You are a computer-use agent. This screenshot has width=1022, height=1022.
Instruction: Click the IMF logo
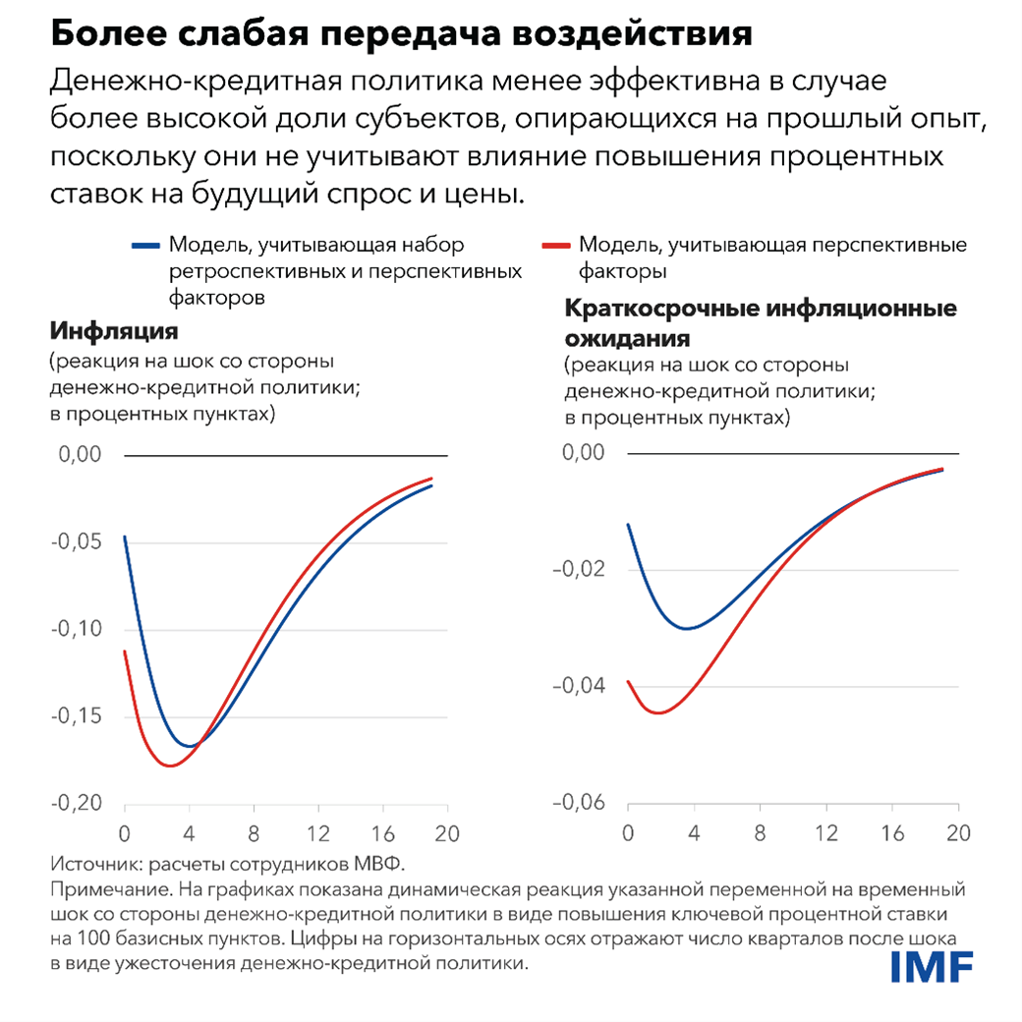pos(932,967)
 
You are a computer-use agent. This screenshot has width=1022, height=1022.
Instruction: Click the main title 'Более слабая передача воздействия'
pos(401,35)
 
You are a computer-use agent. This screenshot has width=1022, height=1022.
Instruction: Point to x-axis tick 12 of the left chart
pos(318,831)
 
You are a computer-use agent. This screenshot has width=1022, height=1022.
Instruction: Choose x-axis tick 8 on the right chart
pos(760,831)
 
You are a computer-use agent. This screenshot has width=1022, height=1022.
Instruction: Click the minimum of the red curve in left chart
pos(170,765)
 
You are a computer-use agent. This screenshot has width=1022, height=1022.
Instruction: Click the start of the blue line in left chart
pos(125,538)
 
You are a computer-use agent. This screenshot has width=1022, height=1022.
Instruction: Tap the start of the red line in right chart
pos(628,681)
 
